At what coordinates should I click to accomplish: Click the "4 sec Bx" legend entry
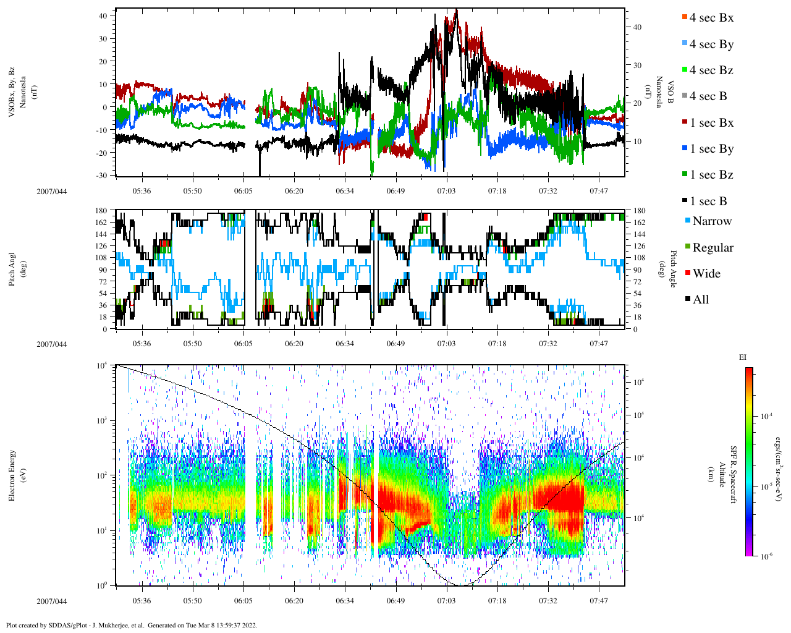point(711,18)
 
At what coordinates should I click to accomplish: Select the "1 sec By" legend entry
point(711,149)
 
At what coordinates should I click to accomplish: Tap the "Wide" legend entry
point(706,274)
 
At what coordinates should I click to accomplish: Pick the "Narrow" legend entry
point(711,221)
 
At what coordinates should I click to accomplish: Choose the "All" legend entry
point(700,300)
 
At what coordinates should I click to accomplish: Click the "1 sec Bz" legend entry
point(711,175)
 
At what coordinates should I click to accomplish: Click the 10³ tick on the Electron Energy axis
point(102,420)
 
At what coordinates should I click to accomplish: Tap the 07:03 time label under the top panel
point(446,191)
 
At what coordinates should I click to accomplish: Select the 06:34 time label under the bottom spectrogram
point(345,601)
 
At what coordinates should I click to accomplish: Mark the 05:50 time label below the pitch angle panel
point(192,344)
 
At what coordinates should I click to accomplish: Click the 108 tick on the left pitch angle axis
point(101,258)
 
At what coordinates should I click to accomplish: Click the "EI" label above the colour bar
point(743,357)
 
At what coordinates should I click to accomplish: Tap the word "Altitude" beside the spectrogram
point(721,475)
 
